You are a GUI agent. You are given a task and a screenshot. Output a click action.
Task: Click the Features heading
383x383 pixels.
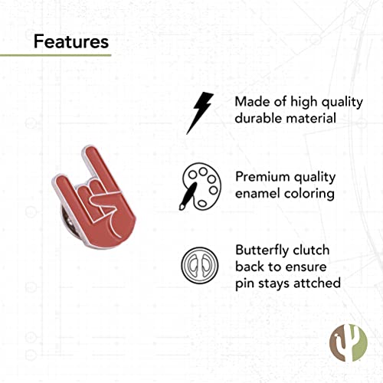tap(70, 41)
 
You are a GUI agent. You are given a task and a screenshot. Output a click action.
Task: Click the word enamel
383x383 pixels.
tap(259, 193)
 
